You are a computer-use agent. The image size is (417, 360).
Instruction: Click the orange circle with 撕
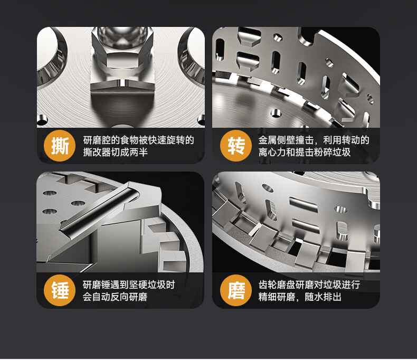60,146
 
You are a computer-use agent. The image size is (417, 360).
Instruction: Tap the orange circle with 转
236,146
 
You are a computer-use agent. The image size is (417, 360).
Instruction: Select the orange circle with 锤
60,290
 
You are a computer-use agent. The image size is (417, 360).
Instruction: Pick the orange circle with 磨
236,290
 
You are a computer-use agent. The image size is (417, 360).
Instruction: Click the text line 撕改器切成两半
116,153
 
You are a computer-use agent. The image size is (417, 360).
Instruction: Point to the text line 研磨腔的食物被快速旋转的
138,140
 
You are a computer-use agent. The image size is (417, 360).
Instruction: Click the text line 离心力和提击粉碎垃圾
305,153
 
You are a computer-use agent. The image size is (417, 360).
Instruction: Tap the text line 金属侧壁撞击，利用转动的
314,140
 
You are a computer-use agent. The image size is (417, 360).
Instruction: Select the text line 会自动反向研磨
115,297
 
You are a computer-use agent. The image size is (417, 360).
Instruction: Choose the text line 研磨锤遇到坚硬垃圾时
129,285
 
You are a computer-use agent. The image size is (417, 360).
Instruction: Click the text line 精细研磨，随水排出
300,297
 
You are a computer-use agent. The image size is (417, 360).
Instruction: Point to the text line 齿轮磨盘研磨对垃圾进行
309,285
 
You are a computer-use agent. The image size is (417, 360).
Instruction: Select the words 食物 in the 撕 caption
129,140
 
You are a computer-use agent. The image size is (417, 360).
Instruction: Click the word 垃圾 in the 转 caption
342,153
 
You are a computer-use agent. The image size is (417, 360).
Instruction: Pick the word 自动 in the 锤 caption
101,297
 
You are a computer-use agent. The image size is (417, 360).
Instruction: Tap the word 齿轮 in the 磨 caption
268,285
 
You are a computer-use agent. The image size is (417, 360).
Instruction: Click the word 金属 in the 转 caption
268,140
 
